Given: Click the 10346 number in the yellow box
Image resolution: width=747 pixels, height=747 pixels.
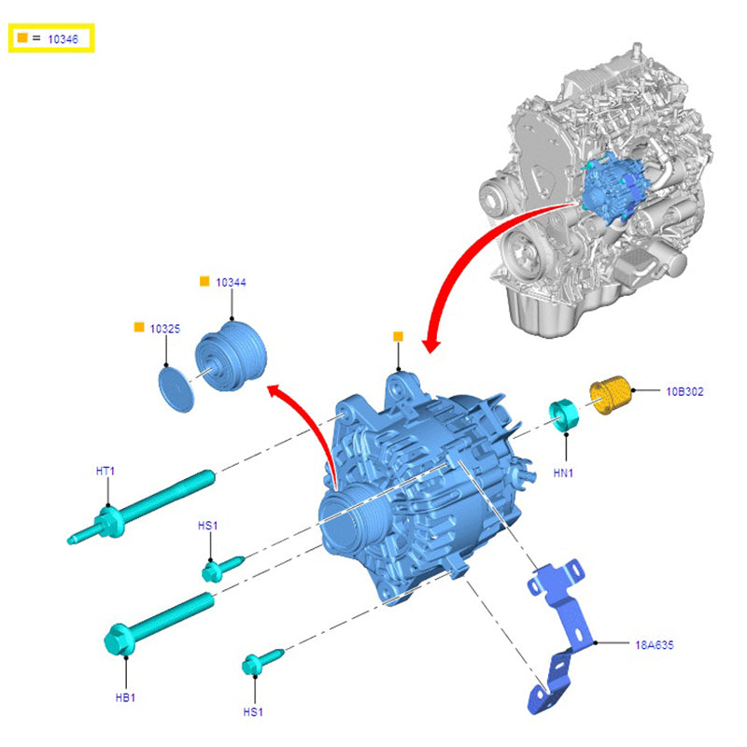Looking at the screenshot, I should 62,39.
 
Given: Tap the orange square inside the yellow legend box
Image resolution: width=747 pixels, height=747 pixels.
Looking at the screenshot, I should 21,38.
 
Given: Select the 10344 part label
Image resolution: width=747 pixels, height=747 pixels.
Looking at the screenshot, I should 231,281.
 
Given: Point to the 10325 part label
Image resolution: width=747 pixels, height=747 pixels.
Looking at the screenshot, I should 164,329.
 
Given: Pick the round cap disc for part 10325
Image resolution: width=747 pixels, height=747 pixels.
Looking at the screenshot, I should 174,385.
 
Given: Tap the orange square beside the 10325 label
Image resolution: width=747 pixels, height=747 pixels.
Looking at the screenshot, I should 139,328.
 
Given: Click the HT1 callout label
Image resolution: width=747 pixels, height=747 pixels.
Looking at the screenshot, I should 105,471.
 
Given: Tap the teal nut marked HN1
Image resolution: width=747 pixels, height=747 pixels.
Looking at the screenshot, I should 564,414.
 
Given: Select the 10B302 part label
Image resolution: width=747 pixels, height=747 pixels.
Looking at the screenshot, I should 684,391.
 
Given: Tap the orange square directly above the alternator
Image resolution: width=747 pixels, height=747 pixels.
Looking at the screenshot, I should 398,336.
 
